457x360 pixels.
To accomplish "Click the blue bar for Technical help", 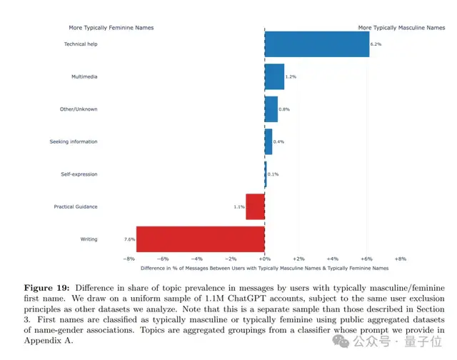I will click(x=317, y=44).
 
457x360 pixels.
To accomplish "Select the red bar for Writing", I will click(x=200, y=239).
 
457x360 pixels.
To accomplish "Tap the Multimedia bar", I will click(x=274, y=76).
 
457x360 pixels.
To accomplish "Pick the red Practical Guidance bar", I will click(x=255, y=206).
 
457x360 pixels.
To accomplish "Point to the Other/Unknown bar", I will click(x=271, y=109).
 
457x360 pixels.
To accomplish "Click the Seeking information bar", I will click(x=268, y=141).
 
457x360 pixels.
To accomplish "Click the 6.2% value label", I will click(x=376, y=44).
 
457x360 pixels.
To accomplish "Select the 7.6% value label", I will click(x=129, y=239).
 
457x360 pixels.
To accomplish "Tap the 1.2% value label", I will click(x=291, y=76).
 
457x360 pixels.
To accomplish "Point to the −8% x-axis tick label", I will click(x=129, y=259).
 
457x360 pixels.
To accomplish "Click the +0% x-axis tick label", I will click(x=264, y=259).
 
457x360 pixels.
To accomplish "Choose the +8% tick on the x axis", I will click(x=400, y=259).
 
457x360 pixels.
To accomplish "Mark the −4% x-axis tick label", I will click(x=197, y=259).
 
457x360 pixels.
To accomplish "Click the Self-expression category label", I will click(x=79, y=174).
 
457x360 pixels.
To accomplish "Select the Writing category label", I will click(x=89, y=239).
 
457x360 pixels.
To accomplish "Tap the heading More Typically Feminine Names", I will click(x=111, y=28).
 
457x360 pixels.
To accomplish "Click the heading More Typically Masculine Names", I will click(x=401, y=28).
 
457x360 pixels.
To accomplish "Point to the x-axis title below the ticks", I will click(x=264, y=268).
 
